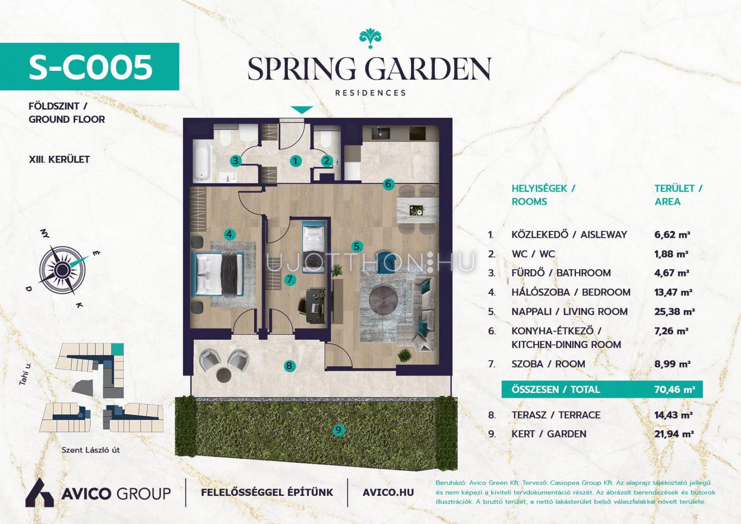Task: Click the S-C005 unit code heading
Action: coord(91,67)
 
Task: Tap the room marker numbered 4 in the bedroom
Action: coord(230,234)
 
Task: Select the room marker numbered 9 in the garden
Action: coord(339,430)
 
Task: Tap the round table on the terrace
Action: coord(224,375)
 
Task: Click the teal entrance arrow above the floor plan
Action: coord(302,110)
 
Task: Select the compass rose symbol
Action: coord(62,270)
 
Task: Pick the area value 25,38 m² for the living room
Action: coord(674,311)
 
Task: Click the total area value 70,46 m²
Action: coord(674,389)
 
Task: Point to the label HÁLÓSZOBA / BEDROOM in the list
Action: coord(571,293)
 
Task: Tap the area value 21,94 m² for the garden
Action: coord(674,434)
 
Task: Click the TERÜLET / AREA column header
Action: coord(678,195)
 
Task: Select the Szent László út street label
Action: coord(91,450)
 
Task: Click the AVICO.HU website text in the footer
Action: coord(388,492)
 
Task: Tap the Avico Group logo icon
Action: coord(40,492)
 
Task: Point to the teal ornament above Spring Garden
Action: coord(370,39)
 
